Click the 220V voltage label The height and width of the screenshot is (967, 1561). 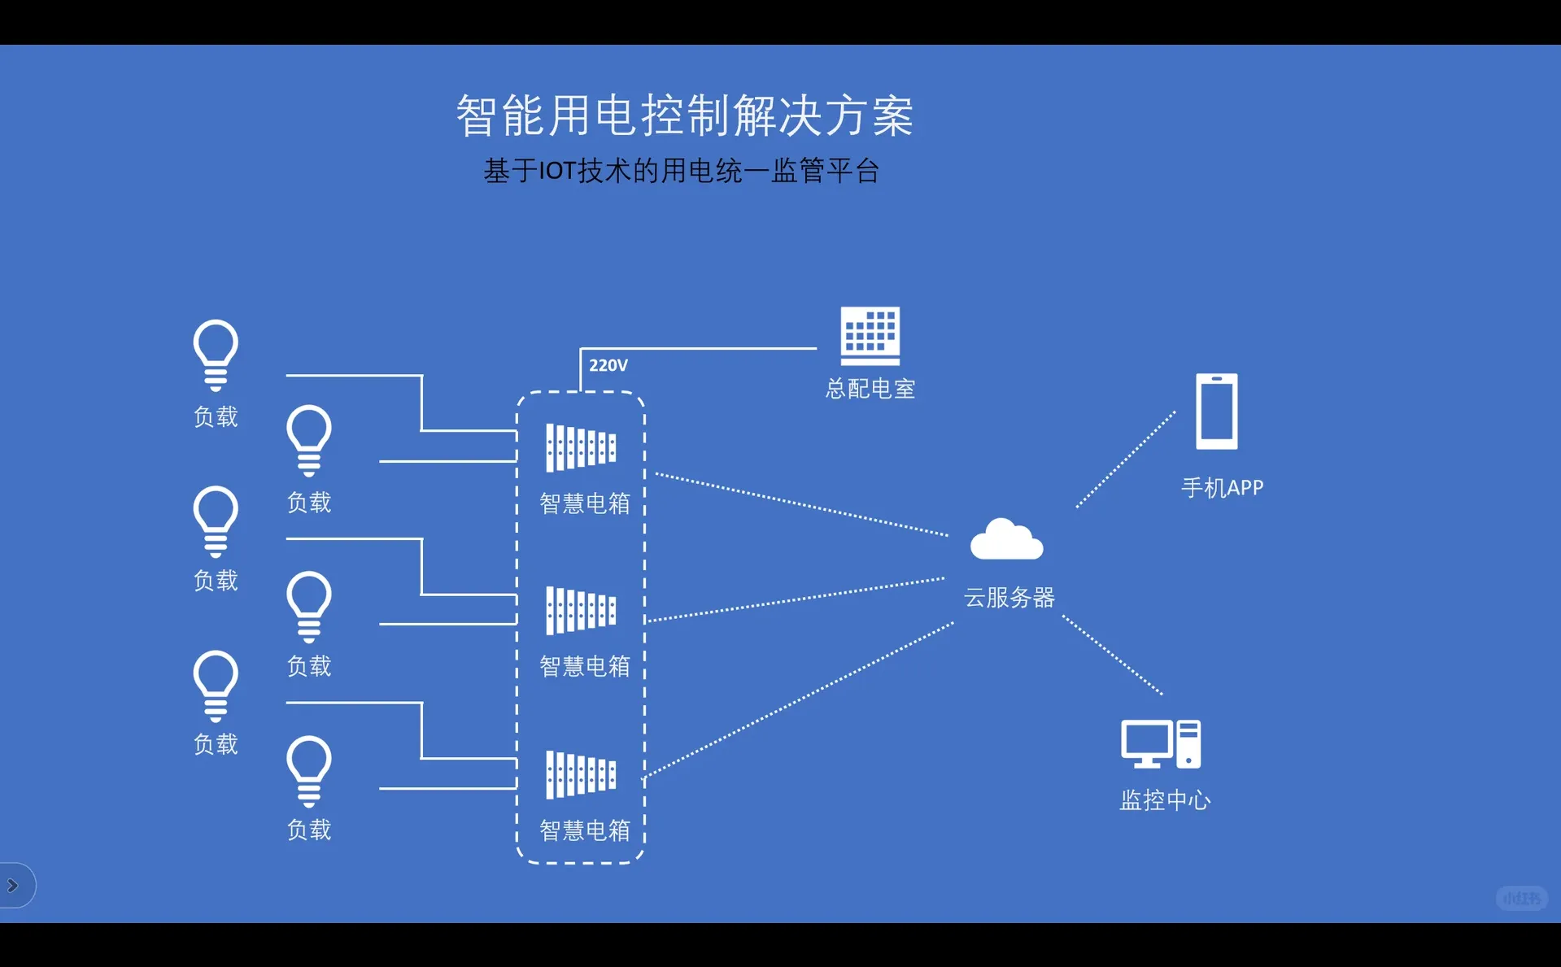608,366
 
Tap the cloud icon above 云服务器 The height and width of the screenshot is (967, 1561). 1006,541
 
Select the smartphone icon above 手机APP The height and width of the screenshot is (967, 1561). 1216,412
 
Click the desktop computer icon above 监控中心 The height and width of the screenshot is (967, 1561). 1160,743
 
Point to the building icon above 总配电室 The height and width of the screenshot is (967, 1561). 870,336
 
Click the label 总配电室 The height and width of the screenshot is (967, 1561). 870,389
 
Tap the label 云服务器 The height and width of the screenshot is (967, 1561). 1009,598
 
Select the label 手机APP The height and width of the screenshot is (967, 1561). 1222,488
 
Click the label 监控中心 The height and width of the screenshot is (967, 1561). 1165,800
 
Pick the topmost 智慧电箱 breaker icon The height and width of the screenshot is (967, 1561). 581,447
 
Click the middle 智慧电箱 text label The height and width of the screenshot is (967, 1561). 585,667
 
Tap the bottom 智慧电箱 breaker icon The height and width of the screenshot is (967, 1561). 581,774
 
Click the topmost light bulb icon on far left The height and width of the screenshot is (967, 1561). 216,355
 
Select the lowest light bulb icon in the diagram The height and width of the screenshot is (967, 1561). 309,770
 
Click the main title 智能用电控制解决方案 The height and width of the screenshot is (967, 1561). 684,115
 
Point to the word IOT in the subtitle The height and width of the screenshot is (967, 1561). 557,172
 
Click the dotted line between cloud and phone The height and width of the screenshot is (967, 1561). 1126,460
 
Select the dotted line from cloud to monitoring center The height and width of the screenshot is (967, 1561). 1112,655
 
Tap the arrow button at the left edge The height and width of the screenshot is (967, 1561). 13,885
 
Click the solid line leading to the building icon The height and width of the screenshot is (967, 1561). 700,348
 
